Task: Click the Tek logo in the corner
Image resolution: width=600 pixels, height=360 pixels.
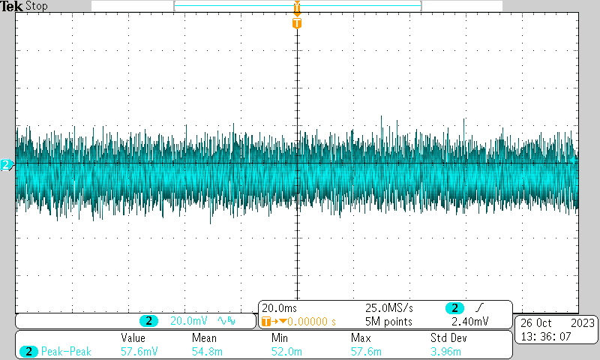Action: point(13,6)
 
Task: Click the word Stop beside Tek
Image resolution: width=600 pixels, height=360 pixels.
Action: point(37,6)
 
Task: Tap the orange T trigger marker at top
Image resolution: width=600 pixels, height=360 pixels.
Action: point(297,22)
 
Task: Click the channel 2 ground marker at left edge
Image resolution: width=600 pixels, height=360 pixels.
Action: point(6,164)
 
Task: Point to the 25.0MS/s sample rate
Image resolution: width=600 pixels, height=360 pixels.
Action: point(389,308)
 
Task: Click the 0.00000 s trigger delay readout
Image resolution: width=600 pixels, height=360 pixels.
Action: point(307,321)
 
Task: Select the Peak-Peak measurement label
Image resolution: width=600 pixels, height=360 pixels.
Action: point(66,351)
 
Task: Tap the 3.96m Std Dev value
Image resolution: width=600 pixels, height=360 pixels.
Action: point(445,351)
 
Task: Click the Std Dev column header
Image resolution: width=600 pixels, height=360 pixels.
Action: point(448,338)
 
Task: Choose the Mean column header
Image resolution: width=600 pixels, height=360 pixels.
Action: point(204,338)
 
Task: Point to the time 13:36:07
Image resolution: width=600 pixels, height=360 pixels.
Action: point(547,337)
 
